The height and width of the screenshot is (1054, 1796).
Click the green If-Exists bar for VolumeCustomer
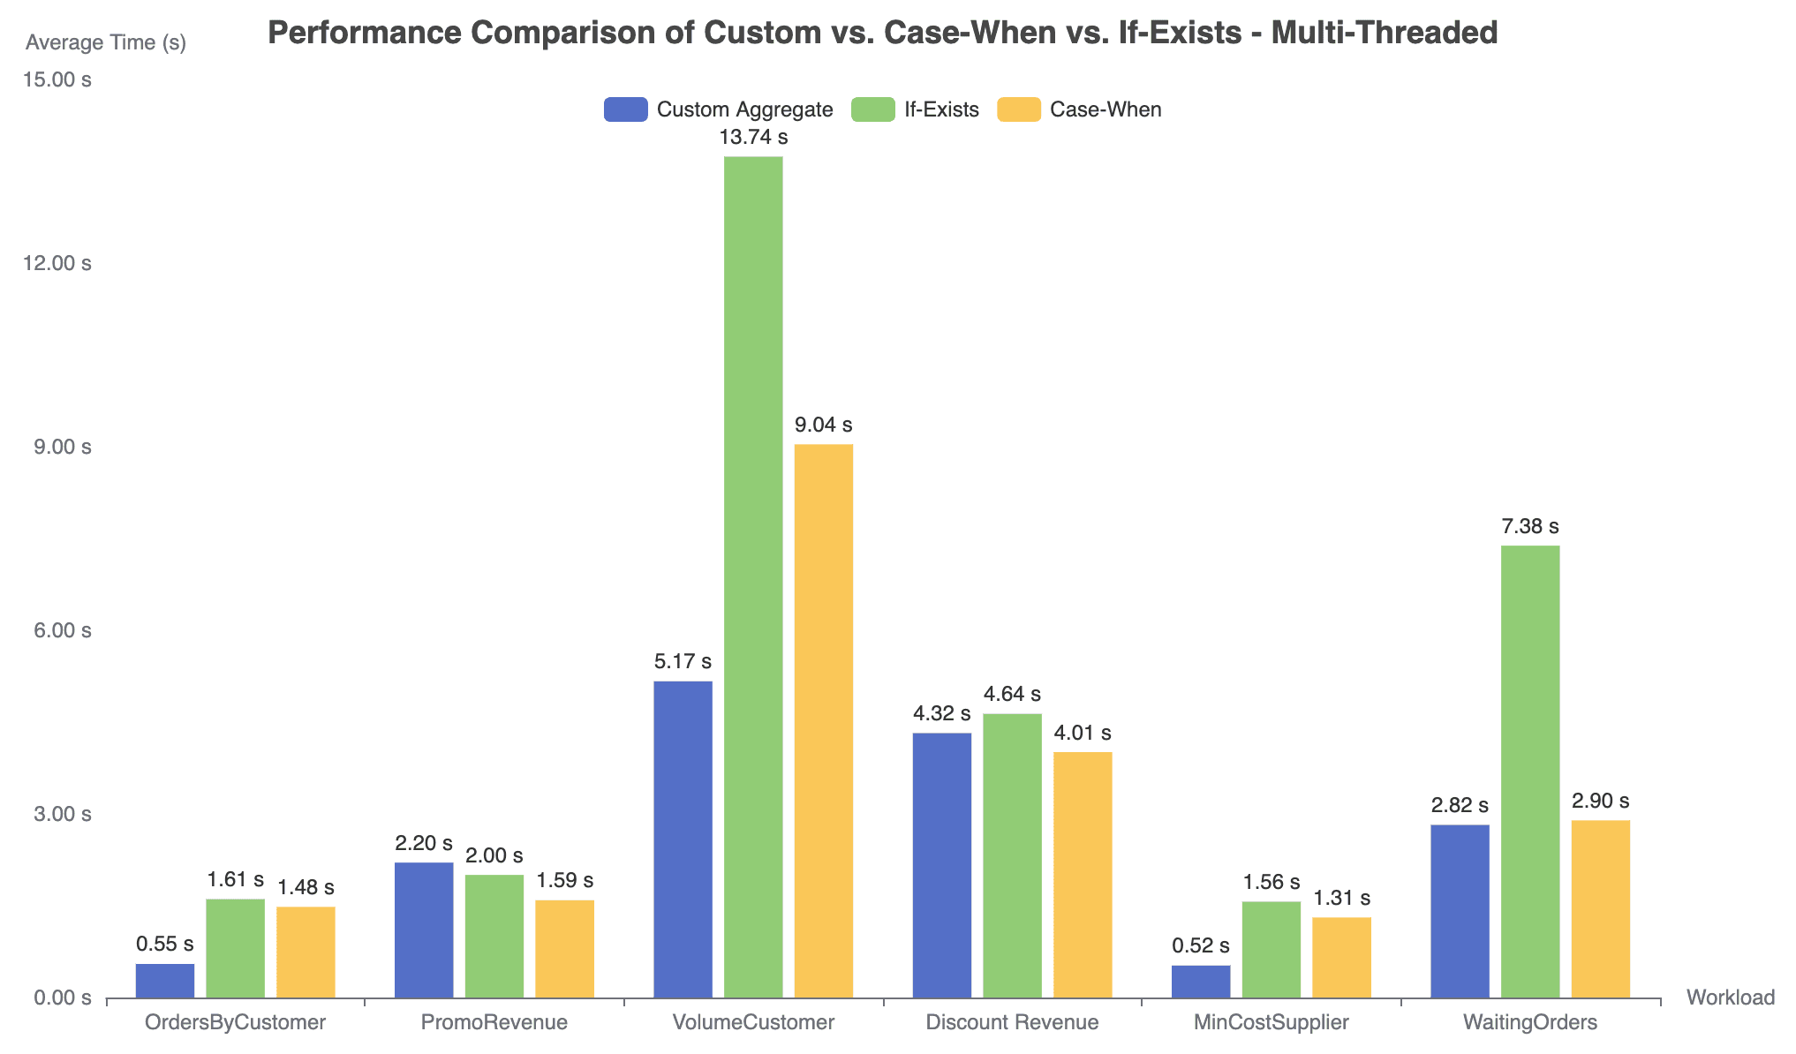click(x=753, y=577)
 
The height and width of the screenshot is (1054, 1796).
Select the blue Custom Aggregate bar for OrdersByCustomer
click(x=165, y=981)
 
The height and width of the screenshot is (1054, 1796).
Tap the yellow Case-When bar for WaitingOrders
click(x=1601, y=909)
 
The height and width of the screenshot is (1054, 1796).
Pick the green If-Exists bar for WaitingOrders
click(x=1530, y=772)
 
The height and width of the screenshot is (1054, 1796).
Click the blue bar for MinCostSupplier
click(x=1201, y=982)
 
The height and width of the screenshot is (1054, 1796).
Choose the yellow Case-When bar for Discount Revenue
click(x=1083, y=875)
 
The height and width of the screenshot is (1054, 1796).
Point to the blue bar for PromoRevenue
click(x=424, y=930)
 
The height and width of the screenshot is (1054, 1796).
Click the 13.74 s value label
click(x=753, y=138)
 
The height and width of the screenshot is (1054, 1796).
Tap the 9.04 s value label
click(x=824, y=425)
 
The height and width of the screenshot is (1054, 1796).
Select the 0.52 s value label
click(x=1201, y=946)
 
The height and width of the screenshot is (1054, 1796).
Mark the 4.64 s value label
click(x=1012, y=695)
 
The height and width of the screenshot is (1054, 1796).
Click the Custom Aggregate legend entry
click(x=719, y=109)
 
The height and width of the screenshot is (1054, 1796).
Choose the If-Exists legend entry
click(x=916, y=109)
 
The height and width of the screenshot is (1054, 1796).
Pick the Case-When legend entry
click(x=1079, y=109)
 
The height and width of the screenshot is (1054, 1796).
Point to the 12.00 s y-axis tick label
click(x=57, y=264)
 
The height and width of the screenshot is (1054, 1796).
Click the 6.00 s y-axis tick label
click(x=62, y=631)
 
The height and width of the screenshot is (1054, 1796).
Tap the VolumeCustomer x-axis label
click(x=753, y=1023)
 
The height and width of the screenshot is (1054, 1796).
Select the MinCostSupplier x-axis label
click(x=1271, y=1023)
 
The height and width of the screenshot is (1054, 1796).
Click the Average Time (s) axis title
click(x=106, y=42)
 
